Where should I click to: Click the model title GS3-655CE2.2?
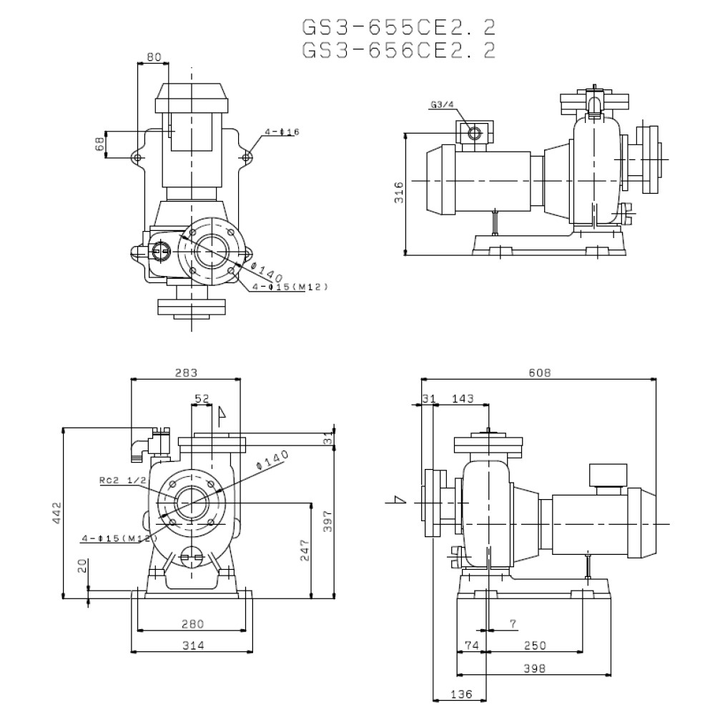tap(399, 27)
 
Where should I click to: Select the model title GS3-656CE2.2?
tap(399, 50)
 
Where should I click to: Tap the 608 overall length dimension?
tap(539, 372)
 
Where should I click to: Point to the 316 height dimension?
tap(399, 192)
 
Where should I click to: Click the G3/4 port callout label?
tap(443, 104)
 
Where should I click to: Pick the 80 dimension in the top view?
tap(153, 57)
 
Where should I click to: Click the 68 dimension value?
tap(100, 144)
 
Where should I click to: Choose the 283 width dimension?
tap(184, 372)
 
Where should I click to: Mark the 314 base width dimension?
tap(192, 646)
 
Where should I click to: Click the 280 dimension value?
tap(192, 623)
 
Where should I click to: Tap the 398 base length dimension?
tap(534, 669)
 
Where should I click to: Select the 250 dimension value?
tap(534, 646)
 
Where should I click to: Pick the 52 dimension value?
tap(202, 398)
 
